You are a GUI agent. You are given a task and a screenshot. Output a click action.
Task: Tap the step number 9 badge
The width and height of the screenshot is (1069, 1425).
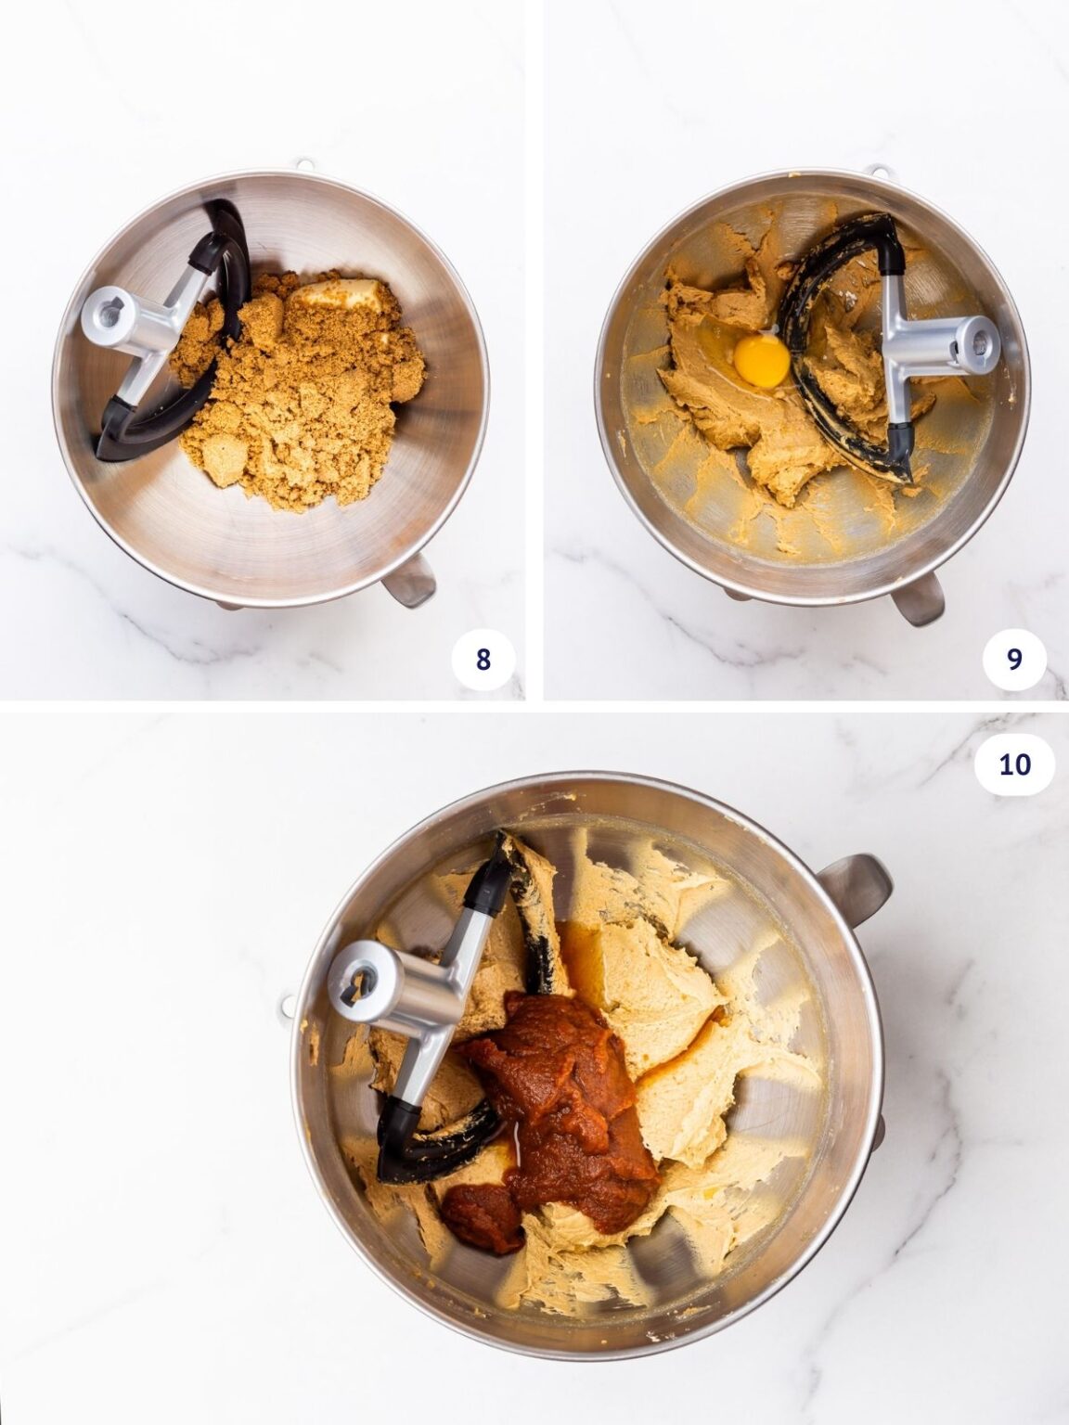(1014, 659)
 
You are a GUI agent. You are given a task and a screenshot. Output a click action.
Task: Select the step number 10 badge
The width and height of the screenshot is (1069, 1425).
(1015, 764)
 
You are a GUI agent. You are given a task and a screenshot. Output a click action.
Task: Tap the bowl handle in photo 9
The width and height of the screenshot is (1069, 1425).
(918, 599)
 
